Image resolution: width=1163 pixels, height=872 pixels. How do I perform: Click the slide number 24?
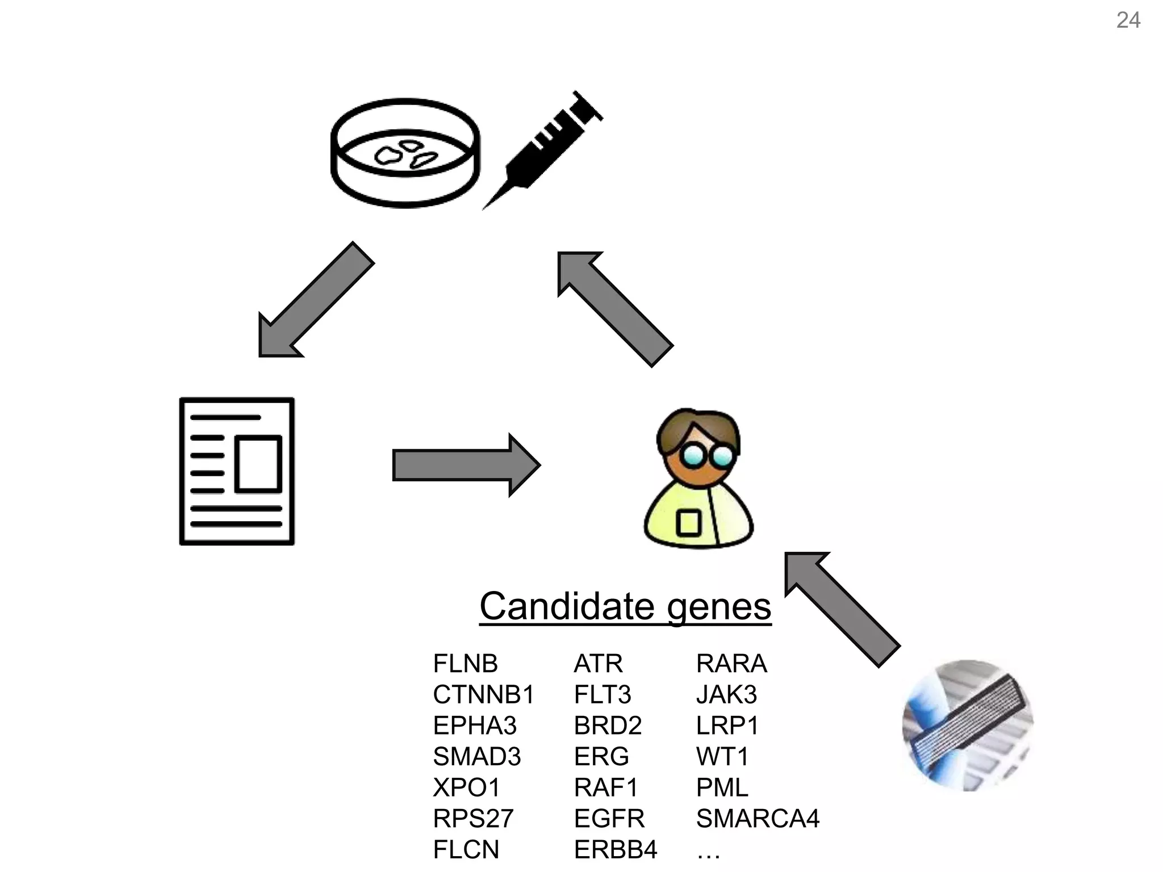coord(1128,20)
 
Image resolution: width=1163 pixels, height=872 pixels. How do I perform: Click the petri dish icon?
coord(405,153)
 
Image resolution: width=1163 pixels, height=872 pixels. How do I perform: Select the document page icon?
coord(237,471)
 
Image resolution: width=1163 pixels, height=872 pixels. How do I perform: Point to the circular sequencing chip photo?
coord(968,726)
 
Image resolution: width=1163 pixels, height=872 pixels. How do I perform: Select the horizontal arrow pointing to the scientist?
coord(466,466)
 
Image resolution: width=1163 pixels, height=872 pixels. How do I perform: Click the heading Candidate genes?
coord(625,606)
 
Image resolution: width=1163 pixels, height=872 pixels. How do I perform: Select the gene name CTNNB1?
coord(483,694)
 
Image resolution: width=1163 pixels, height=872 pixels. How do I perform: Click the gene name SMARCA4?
coord(758,818)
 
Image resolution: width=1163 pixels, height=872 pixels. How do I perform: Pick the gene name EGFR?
coord(609,818)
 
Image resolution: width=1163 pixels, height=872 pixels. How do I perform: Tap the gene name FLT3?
coord(602,694)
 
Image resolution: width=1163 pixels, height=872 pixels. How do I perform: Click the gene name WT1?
coord(722,756)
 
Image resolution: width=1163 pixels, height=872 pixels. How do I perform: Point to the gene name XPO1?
coord(466,787)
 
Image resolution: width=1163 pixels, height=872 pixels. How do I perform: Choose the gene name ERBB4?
coord(615,849)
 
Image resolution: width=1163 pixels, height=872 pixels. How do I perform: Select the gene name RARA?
coord(731,663)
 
